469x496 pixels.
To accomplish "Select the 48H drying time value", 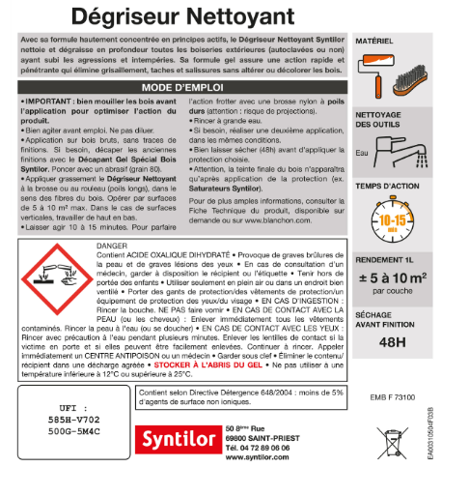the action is click(x=393, y=340).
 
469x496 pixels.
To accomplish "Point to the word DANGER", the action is click(x=114, y=247).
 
